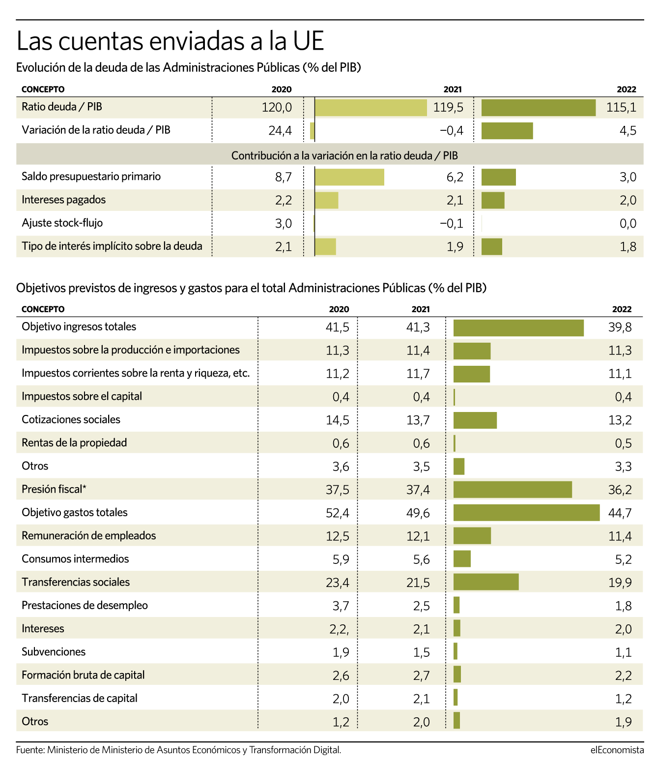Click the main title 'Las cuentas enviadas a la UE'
click(x=171, y=41)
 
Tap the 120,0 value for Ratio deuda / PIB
click(x=277, y=108)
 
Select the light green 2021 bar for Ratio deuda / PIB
click(x=371, y=108)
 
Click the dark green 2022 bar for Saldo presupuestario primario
click(x=498, y=177)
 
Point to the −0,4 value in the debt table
click(x=452, y=131)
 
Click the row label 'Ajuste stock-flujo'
click(x=62, y=223)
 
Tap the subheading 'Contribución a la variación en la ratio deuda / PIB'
click(x=344, y=156)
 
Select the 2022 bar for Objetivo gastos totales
click(x=526, y=513)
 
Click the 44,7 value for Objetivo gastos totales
click(x=620, y=513)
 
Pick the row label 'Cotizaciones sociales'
click(x=71, y=419)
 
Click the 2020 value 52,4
click(x=337, y=513)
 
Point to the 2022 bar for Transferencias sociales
click(x=485, y=582)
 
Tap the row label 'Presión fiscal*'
click(x=54, y=489)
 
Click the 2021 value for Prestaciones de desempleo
click(x=422, y=606)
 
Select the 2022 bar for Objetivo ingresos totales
click(x=518, y=328)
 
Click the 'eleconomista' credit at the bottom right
click(x=617, y=750)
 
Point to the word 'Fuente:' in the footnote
click(x=30, y=750)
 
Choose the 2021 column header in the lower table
click(x=420, y=309)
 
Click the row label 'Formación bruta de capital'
click(x=83, y=676)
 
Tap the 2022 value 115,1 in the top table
click(x=621, y=108)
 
